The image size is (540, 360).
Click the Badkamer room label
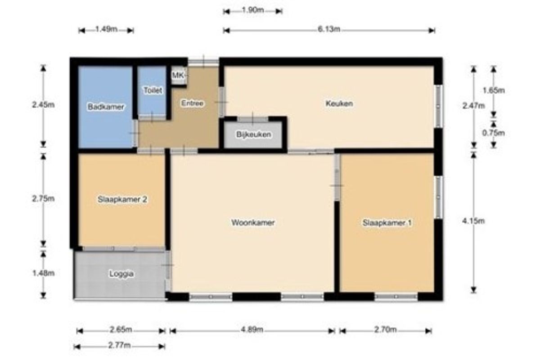[x=106, y=107]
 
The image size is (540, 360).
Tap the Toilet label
[x=153, y=90]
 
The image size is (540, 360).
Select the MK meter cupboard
[x=178, y=75]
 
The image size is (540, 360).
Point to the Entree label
[x=192, y=103]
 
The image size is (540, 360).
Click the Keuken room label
[x=339, y=103]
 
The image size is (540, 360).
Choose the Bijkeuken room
[x=253, y=134]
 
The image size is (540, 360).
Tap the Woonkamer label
[x=253, y=222]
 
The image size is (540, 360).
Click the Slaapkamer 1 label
[x=387, y=223]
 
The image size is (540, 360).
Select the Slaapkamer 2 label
[x=122, y=199]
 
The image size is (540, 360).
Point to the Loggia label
[x=121, y=274]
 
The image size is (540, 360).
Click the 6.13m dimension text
[x=329, y=29]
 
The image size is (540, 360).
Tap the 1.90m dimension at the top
[x=252, y=10]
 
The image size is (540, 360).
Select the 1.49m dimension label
[x=106, y=29]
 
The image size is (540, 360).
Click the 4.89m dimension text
[x=252, y=329]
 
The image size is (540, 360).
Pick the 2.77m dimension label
[x=120, y=346]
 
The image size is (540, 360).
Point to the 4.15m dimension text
[x=473, y=221]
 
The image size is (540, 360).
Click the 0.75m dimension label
[x=494, y=133]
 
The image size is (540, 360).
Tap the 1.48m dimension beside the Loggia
[x=43, y=273]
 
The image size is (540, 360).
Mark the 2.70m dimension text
[x=386, y=329]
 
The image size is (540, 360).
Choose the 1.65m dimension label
[x=494, y=90]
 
